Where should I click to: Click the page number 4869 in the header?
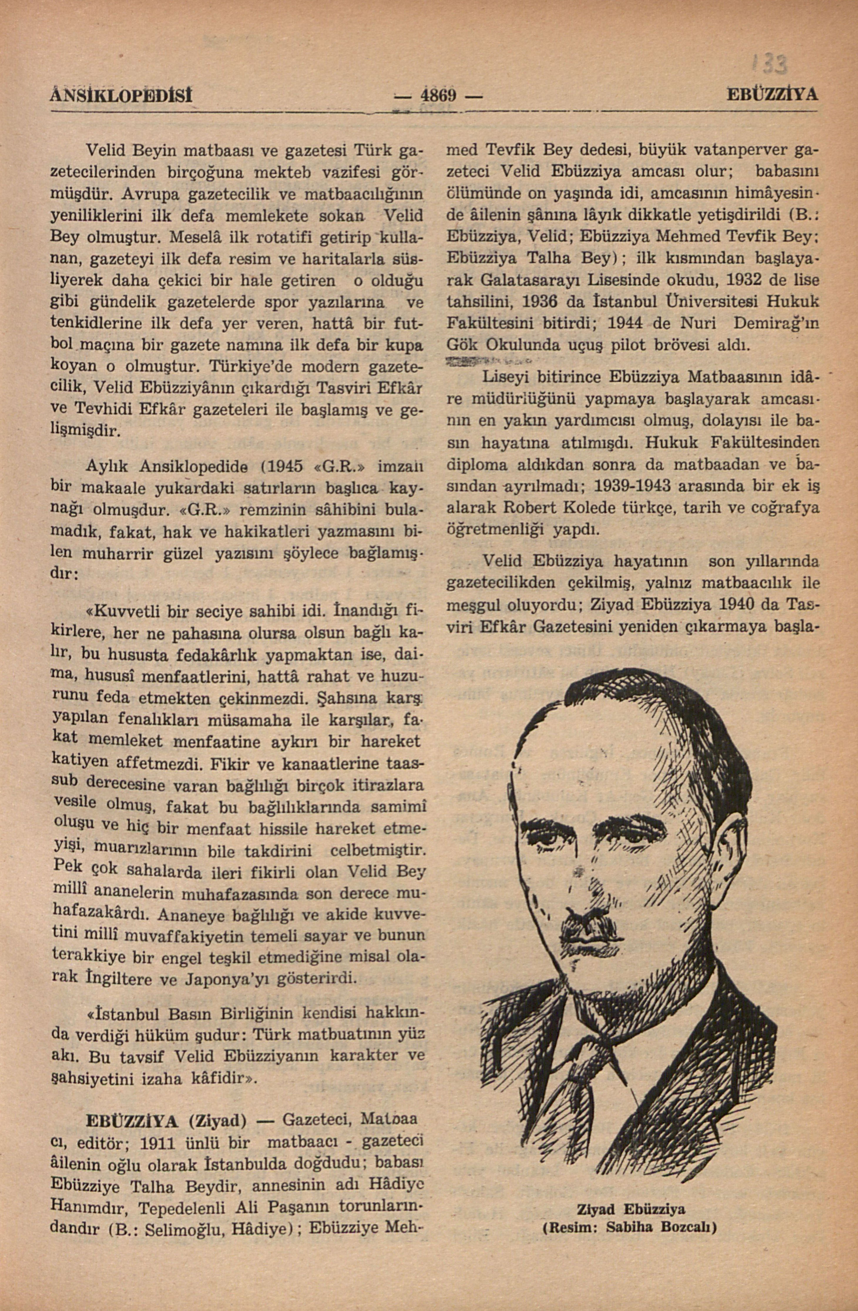(439, 95)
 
